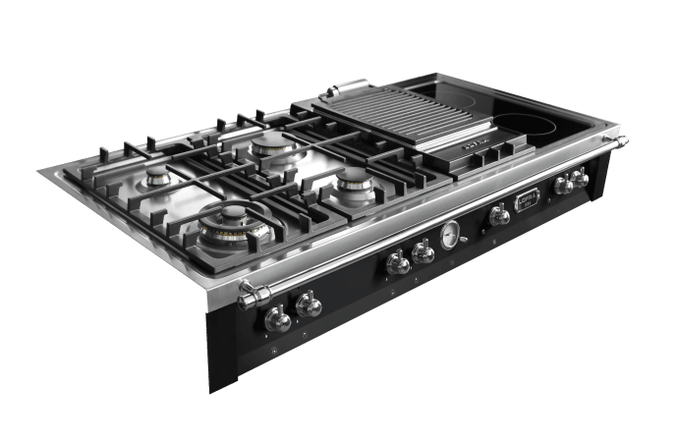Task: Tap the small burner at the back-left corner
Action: click(158, 181)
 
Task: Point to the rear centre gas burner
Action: click(271, 145)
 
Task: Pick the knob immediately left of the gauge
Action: click(423, 253)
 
